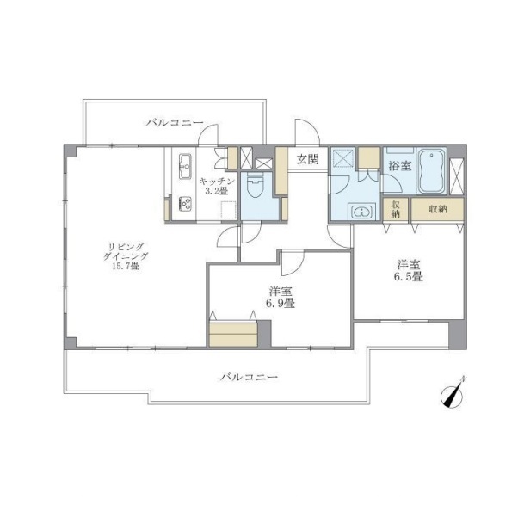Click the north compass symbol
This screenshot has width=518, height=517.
point(452,396)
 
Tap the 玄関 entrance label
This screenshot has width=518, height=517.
point(307,159)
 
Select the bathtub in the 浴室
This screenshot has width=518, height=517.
point(431,171)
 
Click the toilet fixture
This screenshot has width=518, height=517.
point(256,186)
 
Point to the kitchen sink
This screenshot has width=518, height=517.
point(185,166)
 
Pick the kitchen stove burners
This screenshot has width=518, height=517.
point(185,204)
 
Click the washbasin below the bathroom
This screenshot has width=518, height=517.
point(362,212)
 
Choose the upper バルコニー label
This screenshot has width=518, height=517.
point(175,123)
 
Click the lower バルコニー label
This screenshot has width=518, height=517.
point(249,377)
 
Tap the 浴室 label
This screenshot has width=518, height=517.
point(400,165)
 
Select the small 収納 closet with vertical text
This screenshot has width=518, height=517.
point(396,209)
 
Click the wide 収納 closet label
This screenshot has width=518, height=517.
point(438,209)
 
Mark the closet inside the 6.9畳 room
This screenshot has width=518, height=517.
point(233,334)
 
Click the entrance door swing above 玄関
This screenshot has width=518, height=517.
point(307,132)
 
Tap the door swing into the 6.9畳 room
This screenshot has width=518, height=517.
point(293,263)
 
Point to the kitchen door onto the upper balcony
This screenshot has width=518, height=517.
point(208,135)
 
